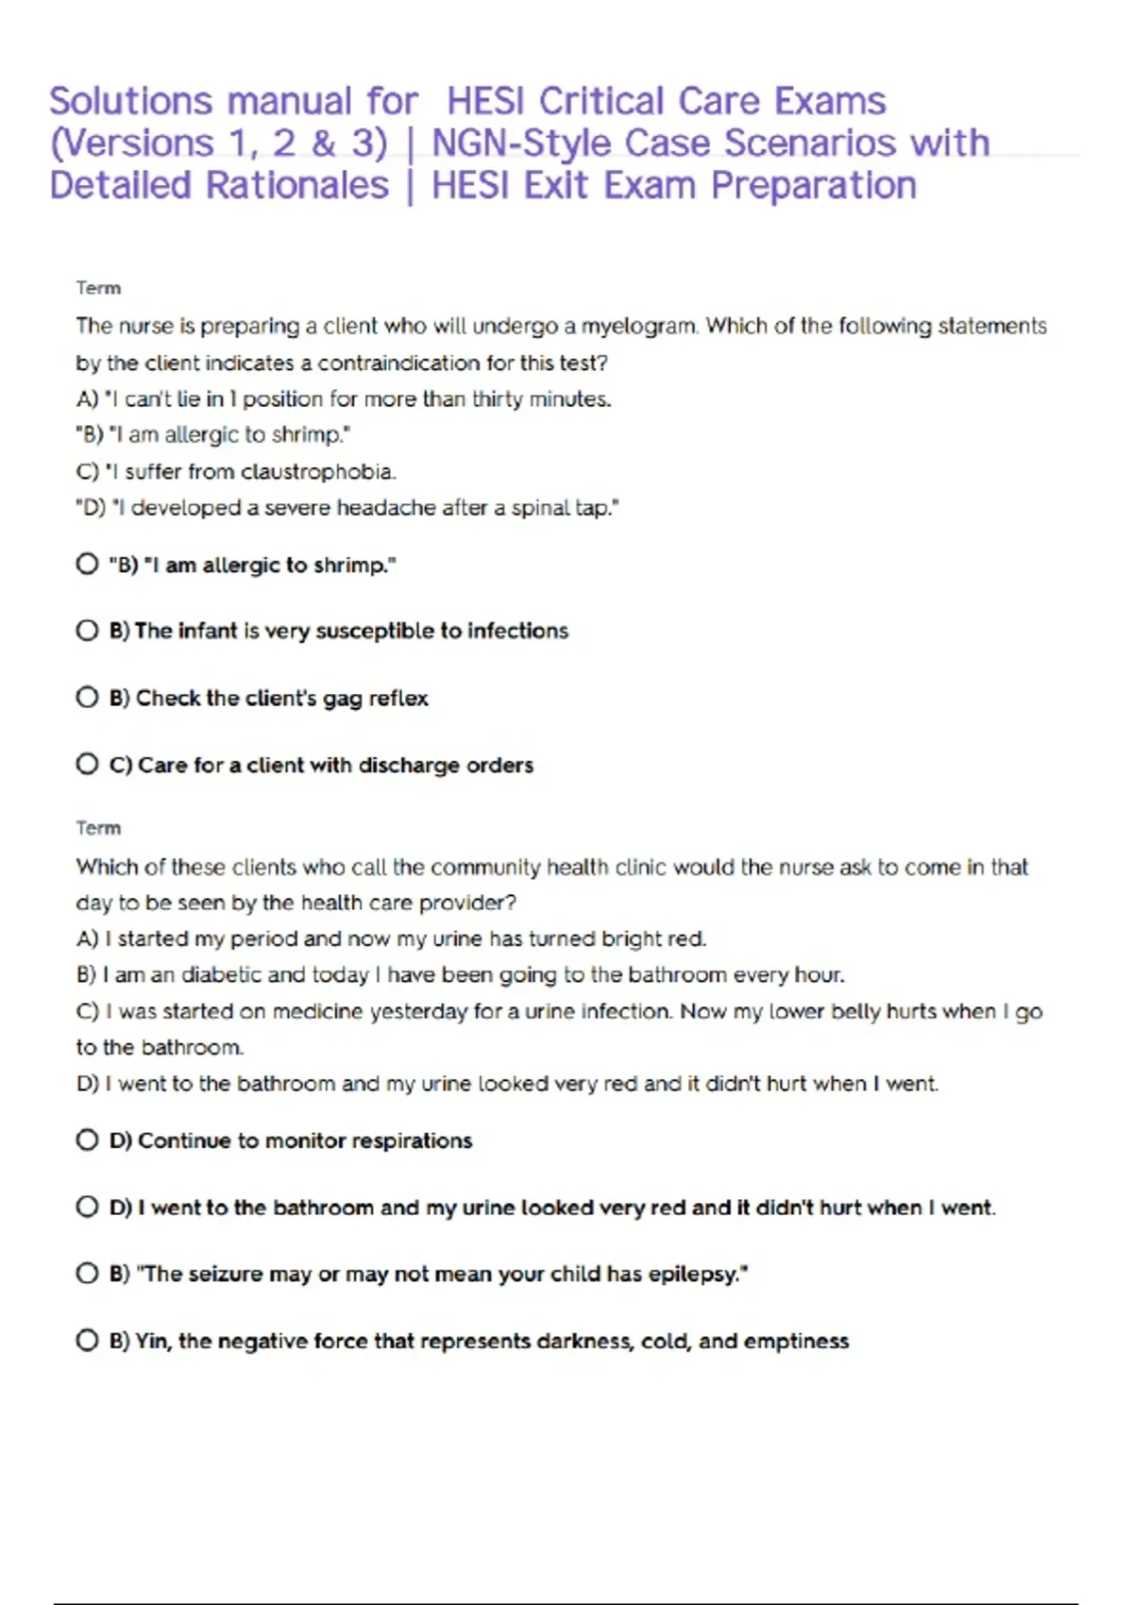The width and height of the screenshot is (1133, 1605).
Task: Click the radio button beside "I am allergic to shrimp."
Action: point(87,565)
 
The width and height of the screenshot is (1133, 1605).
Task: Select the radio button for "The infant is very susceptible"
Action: point(87,631)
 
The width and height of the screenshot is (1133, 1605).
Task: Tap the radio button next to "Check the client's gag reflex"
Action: point(87,698)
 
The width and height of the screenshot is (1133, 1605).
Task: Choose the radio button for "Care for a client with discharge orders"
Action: point(87,764)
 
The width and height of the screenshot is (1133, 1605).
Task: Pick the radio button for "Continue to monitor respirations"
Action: point(87,1140)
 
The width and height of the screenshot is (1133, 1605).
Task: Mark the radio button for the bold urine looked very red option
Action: point(87,1207)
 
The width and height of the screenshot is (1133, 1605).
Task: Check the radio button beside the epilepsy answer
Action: point(87,1274)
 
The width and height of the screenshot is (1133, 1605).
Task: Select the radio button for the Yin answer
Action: point(87,1341)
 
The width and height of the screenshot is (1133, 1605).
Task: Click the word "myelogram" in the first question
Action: point(638,327)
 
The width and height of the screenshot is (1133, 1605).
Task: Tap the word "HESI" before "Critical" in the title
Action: point(486,101)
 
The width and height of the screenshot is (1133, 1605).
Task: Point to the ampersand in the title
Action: point(324,144)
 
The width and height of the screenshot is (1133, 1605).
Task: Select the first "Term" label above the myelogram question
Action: point(98,288)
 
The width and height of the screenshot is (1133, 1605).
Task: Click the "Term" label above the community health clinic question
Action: point(98,828)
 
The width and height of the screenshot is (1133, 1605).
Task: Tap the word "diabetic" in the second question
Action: point(222,974)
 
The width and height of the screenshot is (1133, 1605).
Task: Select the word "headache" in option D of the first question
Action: point(386,508)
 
